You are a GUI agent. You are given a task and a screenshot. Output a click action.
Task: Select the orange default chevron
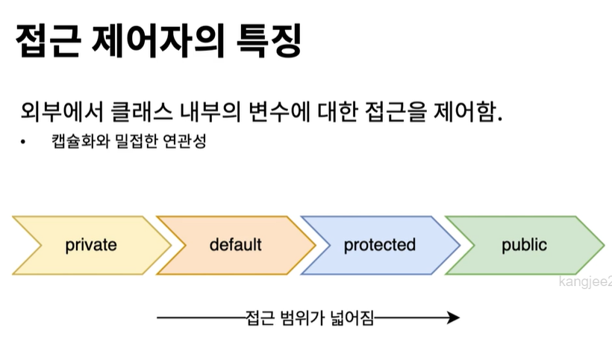(235, 244)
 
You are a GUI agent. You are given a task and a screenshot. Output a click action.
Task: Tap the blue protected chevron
(379, 244)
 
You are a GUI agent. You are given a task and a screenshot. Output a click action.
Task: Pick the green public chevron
(524, 244)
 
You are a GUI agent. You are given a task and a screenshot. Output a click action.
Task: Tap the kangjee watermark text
(585, 282)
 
